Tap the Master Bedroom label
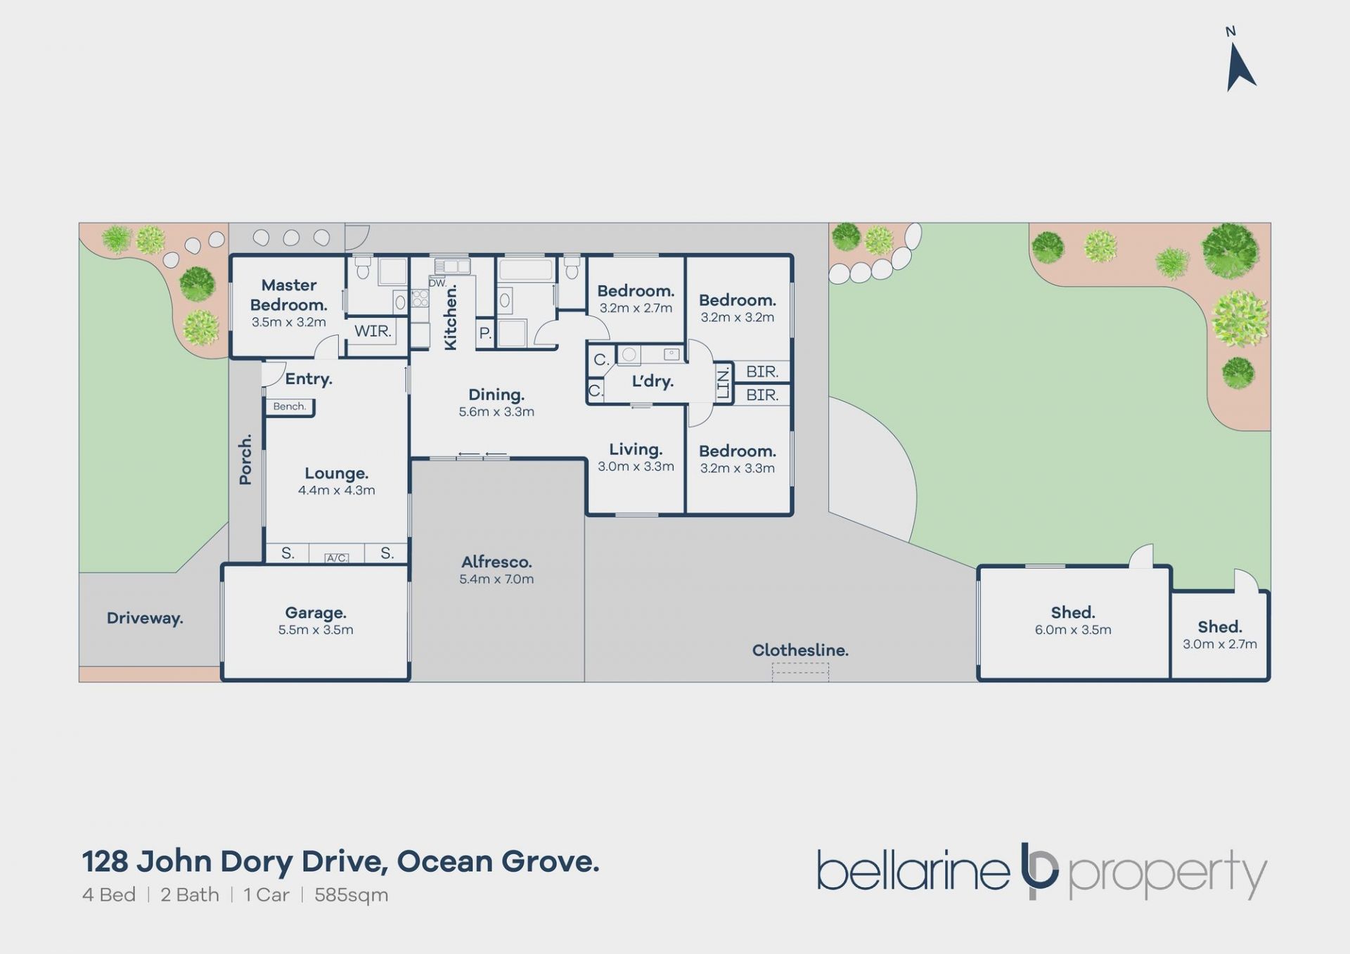pyautogui.click(x=289, y=295)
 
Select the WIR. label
pyautogui.click(x=373, y=331)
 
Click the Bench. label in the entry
pyautogui.click(x=290, y=406)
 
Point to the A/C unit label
pyautogui.click(x=337, y=558)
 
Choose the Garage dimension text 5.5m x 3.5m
pyautogui.click(x=316, y=630)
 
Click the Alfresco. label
pyautogui.click(x=496, y=562)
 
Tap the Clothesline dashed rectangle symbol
pyautogui.click(x=800, y=672)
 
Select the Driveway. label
pyautogui.click(x=145, y=619)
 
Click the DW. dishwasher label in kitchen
pyautogui.click(x=437, y=283)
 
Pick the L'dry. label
pyautogui.click(x=652, y=381)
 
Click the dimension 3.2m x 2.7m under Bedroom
pyautogui.click(x=636, y=308)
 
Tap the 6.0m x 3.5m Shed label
pyautogui.click(x=1073, y=630)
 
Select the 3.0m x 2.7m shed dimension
pyautogui.click(x=1220, y=644)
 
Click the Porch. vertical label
pyautogui.click(x=245, y=460)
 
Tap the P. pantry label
pyautogui.click(x=485, y=333)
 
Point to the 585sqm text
pyautogui.click(x=352, y=896)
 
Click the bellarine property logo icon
pyautogui.click(x=1039, y=870)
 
